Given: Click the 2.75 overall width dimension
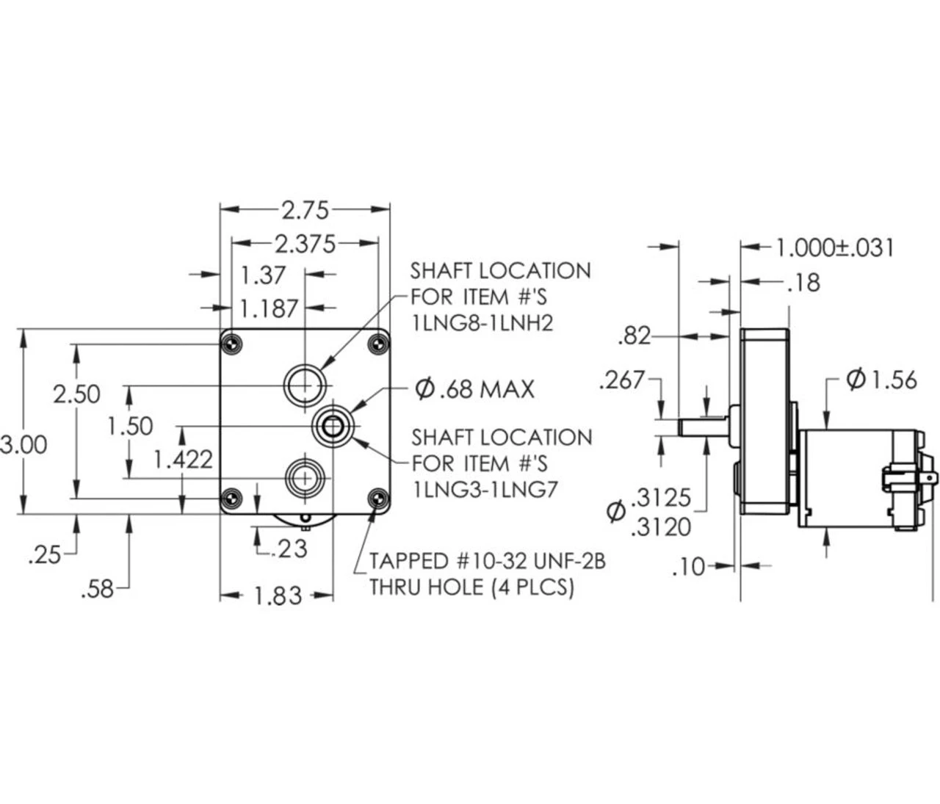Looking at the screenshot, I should [305, 211].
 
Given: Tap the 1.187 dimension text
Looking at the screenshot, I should [269, 308].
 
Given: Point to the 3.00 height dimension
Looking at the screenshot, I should [23, 444].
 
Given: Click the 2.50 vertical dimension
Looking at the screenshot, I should [76, 394].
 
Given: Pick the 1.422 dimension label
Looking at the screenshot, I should [183, 460].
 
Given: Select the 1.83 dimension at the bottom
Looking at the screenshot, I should [278, 595].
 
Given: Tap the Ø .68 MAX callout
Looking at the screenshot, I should [474, 388].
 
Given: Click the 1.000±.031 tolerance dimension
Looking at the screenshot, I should [835, 247].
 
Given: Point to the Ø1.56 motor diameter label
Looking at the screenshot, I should [881, 379].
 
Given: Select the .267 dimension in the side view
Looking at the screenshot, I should [621, 380].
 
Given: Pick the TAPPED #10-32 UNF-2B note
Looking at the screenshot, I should [487, 562].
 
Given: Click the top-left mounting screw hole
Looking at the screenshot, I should [233, 342].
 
